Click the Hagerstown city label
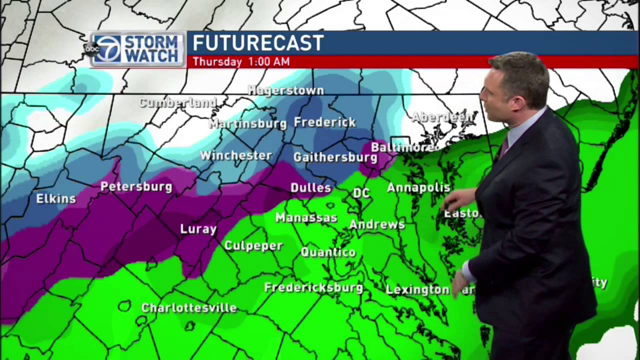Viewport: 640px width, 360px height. click(285, 90)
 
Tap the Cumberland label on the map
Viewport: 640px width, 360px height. click(177, 103)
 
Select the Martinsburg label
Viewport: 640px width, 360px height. click(247, 123)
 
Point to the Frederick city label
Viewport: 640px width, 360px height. click(324, 122)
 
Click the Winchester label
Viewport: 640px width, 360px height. click(236, 155)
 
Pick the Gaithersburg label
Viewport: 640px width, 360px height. click(335, 157)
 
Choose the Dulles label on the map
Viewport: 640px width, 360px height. click(310, 188)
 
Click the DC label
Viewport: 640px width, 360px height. click(361, 193)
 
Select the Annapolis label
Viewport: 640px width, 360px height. click(418, 187)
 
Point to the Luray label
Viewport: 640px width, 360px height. click(198, 229)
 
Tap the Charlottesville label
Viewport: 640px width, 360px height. click(188, 307)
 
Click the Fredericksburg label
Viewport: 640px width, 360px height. click(313, 287)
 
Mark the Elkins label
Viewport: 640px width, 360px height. click(56, 198)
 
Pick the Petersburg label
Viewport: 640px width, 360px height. click(136, 186)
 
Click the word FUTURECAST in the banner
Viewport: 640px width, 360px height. click(258, 43)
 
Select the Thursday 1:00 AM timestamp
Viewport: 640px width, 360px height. click(241, 62)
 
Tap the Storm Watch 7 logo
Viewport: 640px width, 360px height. click(135, 49)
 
